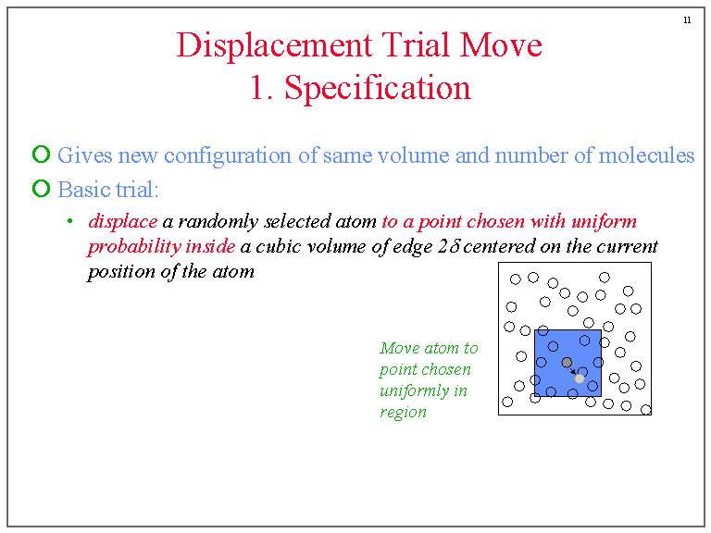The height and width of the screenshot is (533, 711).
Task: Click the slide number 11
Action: click(x=686, y=21)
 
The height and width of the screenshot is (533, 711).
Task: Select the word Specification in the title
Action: click(x=378, y=88)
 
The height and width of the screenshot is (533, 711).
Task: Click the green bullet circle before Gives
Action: click(x=41, y=155)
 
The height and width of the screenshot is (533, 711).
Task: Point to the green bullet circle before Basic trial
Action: click(x=41, y=189)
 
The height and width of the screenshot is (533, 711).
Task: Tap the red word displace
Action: click(x=122, y=222)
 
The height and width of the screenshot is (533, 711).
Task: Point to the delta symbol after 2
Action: click(x=455, y=247)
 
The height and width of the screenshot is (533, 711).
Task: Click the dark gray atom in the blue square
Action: click(x=567, y=363)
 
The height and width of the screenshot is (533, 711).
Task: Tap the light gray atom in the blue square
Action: click(x=580, y=378)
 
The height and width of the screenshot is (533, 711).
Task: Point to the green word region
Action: click(x=403, y=413)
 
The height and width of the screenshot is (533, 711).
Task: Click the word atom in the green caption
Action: click(x=442, y=349)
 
